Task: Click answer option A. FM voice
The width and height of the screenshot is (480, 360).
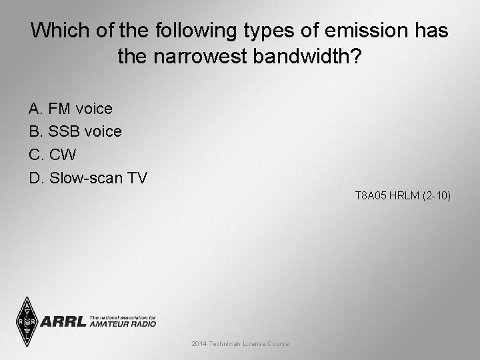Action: click(71, 108)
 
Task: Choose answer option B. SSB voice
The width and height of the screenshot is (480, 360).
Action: click(75, 131)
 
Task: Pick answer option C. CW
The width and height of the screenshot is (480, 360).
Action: click(53, 155)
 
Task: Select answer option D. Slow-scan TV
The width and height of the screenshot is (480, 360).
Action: click(88, 178)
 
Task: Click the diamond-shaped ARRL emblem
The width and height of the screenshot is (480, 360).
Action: click(27, 321)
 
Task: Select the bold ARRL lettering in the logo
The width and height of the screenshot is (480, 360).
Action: click(64, 322)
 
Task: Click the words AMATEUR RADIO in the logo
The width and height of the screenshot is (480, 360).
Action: click(123, 324)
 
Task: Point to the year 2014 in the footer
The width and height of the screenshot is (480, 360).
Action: click(199, 343)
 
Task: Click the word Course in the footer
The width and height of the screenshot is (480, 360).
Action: click(278, 343)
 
